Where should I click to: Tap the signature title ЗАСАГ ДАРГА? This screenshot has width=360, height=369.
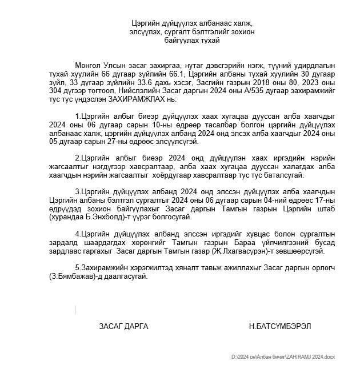pos(123,326)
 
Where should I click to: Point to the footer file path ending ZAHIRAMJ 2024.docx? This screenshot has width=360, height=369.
pos(283,356)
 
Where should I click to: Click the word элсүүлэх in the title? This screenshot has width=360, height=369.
pos(144,32)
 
